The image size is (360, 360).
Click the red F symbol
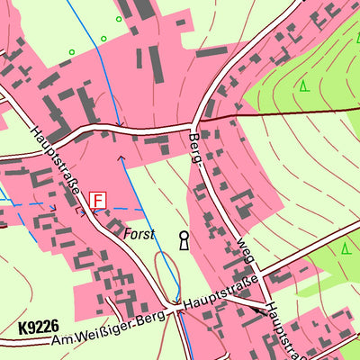[97, 200]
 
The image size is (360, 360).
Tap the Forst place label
[139, 234]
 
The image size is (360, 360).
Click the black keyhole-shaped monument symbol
[184, 240]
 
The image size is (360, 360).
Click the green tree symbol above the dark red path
[303, 86]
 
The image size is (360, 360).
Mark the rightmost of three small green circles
[118, 18]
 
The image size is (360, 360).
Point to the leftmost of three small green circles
[72, 52]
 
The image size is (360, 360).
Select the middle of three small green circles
[103, 39]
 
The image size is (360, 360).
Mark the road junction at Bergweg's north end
[194, 123]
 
